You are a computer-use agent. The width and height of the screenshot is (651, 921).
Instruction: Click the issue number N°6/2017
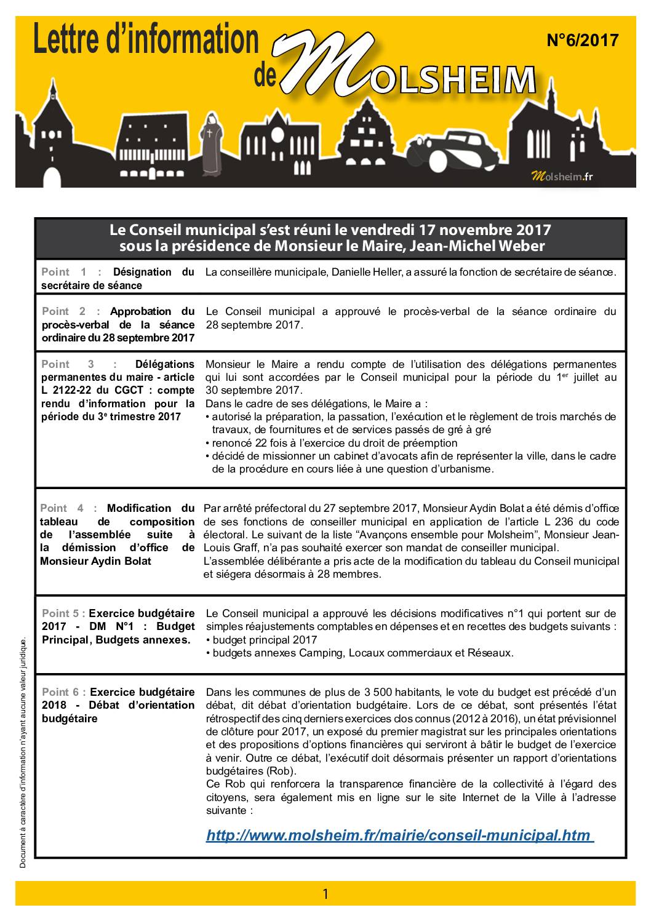(x=582, y=41)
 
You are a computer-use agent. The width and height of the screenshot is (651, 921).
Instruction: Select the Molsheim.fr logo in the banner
(x=562, y=177)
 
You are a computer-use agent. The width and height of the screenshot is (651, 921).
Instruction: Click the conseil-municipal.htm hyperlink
(x=398, y=835)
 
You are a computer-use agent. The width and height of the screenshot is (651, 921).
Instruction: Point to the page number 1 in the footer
(x=325, y=893)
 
